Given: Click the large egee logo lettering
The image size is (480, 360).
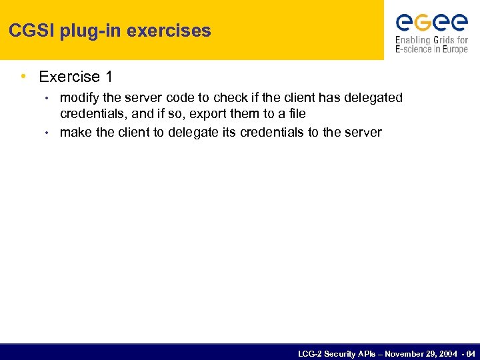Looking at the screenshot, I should (431, 23).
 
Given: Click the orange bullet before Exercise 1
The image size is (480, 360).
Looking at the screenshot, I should (24, 77).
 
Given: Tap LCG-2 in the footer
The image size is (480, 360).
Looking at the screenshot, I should (311, 353).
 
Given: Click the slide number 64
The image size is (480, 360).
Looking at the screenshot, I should (471, 353).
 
